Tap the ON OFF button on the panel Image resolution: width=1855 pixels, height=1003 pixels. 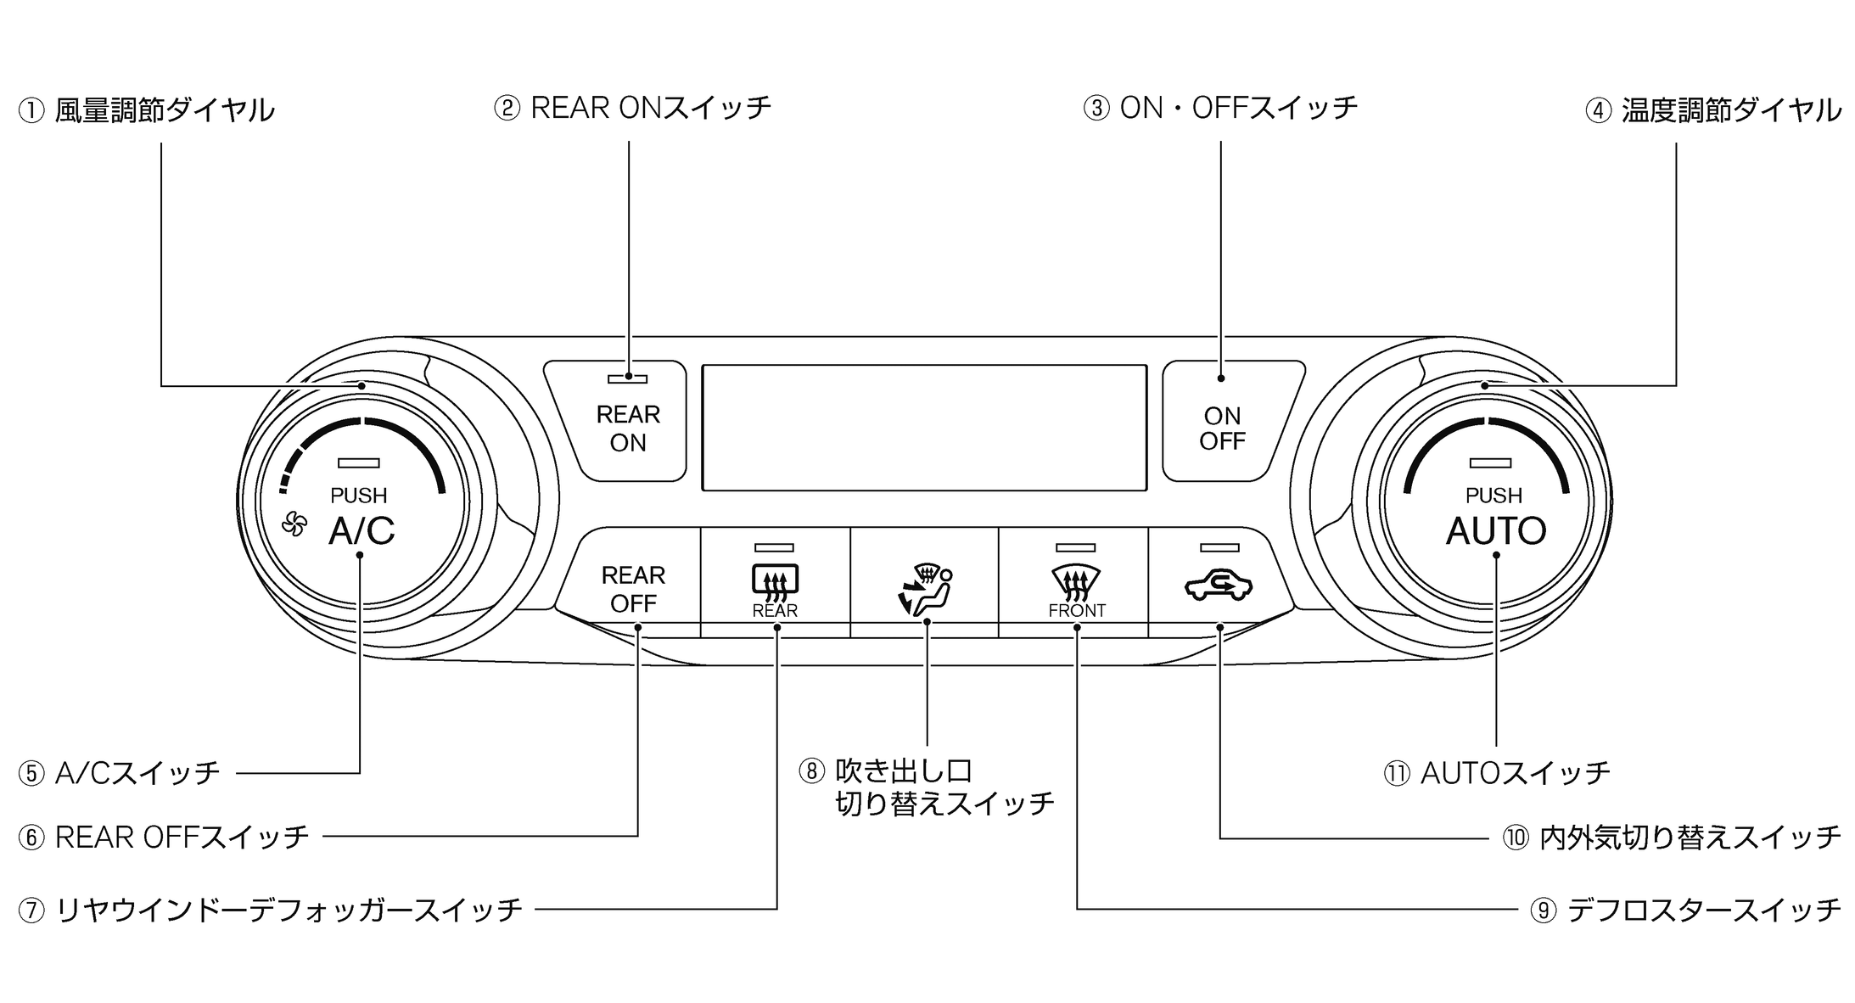point(1222,428)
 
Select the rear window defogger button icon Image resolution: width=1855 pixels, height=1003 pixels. point(775,581)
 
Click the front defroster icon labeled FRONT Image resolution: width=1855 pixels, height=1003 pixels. point(1076,582)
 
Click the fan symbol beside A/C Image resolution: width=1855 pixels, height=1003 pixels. point(294,524)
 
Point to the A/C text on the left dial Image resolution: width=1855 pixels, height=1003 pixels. point(361,531)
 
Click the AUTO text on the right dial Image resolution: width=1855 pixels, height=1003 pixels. point(1495,531)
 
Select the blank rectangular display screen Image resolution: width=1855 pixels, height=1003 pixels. point(924,428)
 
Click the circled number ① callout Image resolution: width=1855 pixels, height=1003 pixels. point(31,111)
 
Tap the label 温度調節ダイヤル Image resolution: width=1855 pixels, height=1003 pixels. point(1731,110)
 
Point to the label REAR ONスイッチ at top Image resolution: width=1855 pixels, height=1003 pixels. point(650,108)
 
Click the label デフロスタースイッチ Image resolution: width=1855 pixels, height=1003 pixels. point(1703,910)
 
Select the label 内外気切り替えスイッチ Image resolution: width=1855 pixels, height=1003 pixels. point(1690,838)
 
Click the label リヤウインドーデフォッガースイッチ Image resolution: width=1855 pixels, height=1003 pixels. point(289,910)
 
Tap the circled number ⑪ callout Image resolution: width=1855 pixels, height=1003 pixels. point(1396,773)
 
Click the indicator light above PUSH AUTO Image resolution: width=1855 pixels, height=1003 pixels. point(1490,463)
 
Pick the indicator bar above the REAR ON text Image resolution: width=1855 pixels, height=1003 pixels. point(627,379)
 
